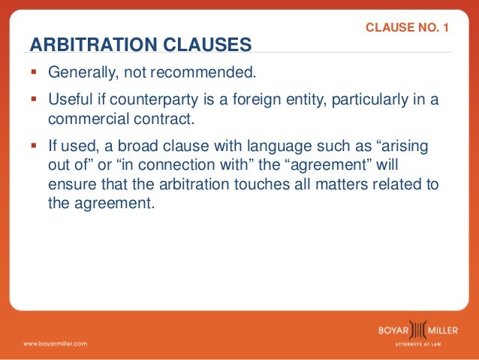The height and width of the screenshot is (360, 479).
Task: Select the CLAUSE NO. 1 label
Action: pyautogui.click(x=406, y=29)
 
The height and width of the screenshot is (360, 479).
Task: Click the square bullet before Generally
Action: pyautogui.click(x=35, y=74)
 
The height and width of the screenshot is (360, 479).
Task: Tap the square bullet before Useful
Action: pyautogui.click(x=35, y=99)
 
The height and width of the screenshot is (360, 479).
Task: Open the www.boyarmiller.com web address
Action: pyautogui.click(x=55, y=343)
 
